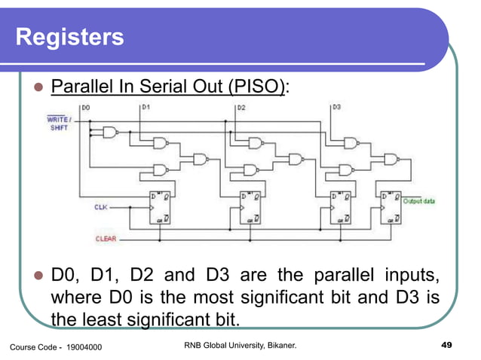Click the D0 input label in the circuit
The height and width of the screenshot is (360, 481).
(85, 108)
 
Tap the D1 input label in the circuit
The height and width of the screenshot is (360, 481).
(146, 108)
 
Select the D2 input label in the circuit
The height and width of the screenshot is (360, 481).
(241, 108)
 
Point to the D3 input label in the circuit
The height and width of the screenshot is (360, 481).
(336, 108)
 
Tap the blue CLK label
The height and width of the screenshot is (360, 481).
(100, 206)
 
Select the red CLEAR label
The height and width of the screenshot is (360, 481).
(106, 239)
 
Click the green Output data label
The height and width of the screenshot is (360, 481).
(421, 201)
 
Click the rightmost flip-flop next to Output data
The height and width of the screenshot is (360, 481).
(391, 208)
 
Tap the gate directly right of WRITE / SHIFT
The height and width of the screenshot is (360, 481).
(111, 133)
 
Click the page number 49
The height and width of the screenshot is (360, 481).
(445, 345)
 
